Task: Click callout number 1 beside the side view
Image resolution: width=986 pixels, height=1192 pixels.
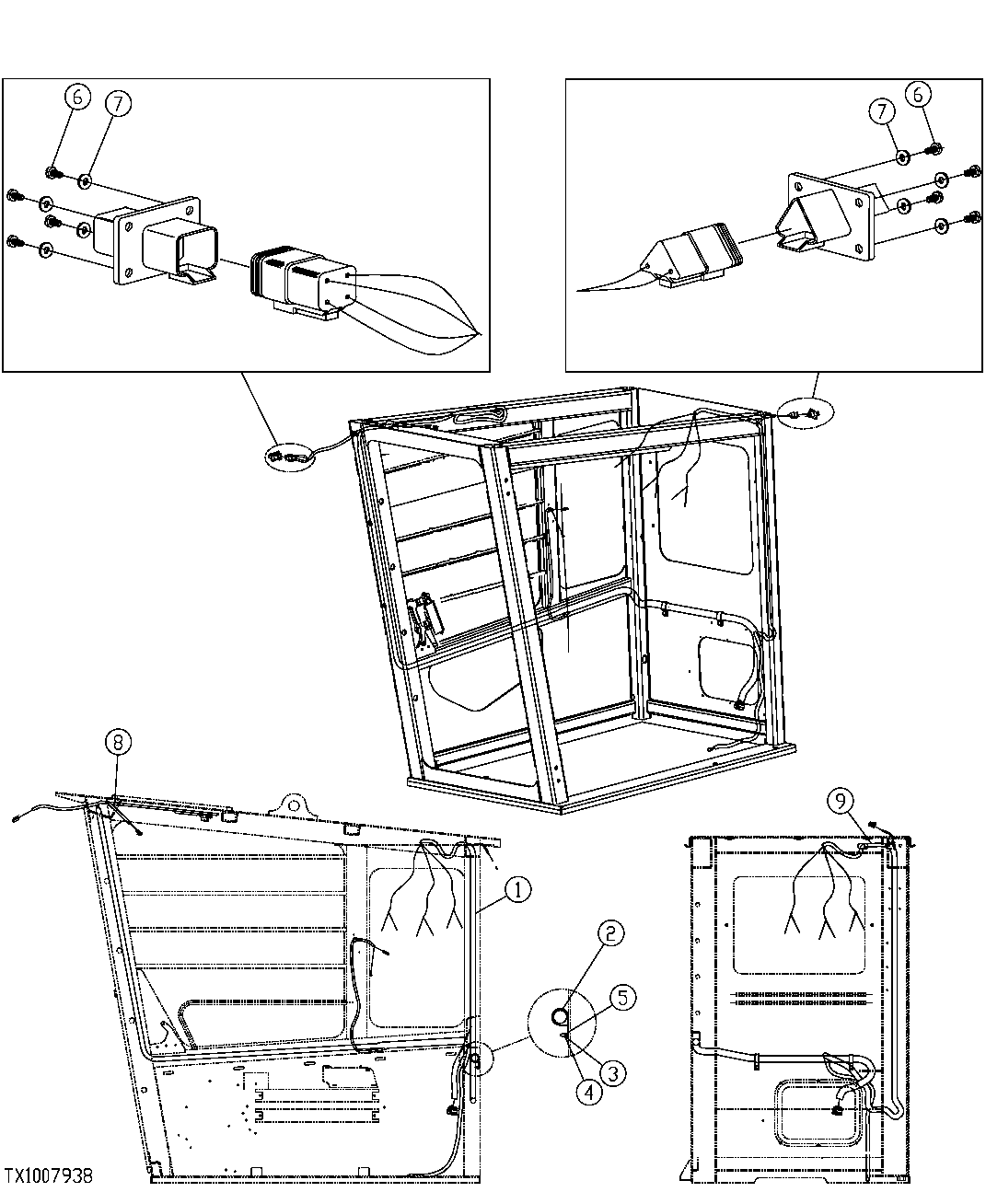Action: (x=517, y=889)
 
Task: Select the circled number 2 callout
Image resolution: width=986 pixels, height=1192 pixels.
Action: (x=611, y=933)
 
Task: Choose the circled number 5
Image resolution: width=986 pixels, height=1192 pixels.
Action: (x=622, y=997)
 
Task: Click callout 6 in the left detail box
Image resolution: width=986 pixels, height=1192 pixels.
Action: (x=78, y=96)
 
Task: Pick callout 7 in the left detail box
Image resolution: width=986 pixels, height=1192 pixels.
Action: (x=117, y=104)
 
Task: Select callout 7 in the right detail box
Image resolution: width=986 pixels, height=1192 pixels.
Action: (x=882, y=111)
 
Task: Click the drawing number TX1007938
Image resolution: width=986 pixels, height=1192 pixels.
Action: (x=47, y=1176)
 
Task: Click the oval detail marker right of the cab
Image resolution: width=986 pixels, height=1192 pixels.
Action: (x=805, y=414)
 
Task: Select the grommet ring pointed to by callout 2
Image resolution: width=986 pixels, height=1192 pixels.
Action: (x=561, y=1016)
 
